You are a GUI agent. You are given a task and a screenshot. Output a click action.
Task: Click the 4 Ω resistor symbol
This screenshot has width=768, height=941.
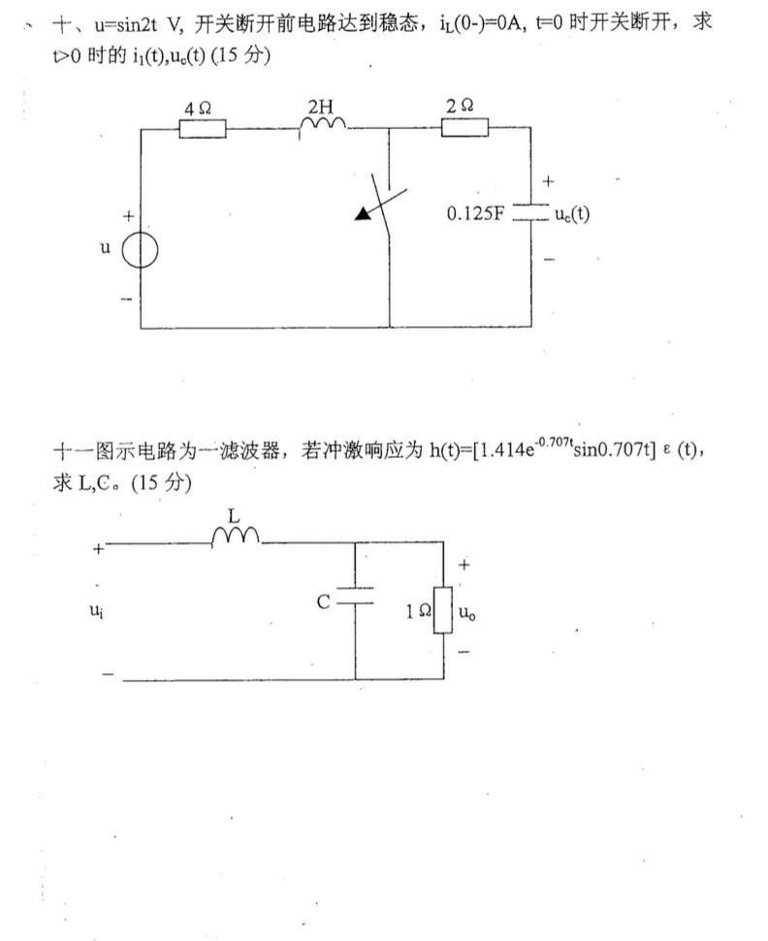pyautogui.click(x=204, y=128)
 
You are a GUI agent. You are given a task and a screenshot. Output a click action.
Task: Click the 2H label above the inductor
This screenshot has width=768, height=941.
pyautogui.click(x=319, y=106)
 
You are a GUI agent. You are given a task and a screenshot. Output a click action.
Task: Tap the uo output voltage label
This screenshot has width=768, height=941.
pyautogui.click(x=471, y=611)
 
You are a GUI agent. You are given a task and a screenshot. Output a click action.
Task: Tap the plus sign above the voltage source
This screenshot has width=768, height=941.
pyautogui.click(x=126, y=214)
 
